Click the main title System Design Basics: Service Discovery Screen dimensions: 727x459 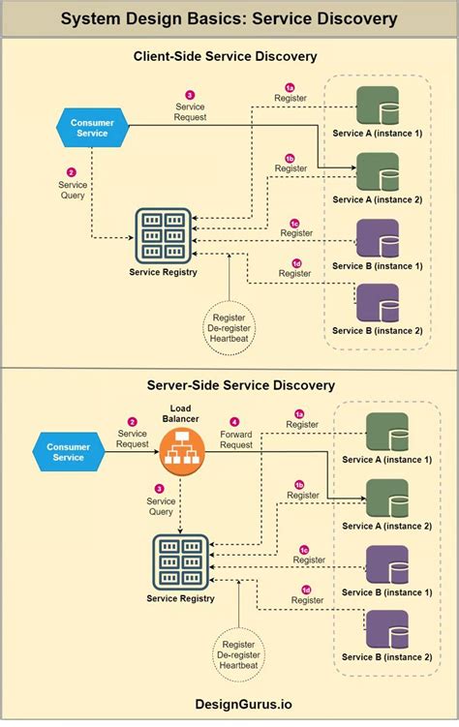tap(229, 18)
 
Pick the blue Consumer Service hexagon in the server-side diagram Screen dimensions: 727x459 tap(68, 451)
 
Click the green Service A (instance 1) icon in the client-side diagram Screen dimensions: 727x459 tap(377, 105)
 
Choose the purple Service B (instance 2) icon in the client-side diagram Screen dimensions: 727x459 tap(377, 303)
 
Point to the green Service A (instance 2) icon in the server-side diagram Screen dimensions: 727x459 tap(385, 499)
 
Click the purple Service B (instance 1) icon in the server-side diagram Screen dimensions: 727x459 tap(385, 564)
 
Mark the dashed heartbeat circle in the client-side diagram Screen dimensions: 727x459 tap(228, 328)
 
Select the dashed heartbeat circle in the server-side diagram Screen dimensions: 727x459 tap(238, 654)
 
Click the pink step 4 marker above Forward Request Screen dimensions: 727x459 tap(234, 422)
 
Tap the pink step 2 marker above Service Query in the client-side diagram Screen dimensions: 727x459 tap(71, 170)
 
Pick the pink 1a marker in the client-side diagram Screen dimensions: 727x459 tap(290, 87)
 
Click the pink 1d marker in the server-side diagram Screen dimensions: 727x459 tap(307, 589)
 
